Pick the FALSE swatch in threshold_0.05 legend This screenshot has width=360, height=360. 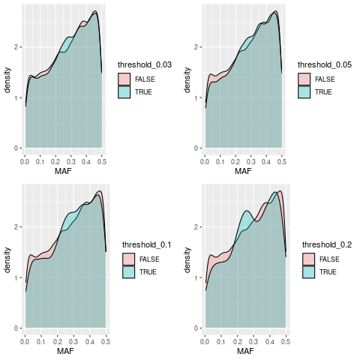[x=304, y=79]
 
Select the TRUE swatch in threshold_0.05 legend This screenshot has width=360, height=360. [x=304, y=91]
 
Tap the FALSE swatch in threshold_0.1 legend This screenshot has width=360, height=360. [x=128, y=259]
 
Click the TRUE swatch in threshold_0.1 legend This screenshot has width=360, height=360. [x=128, y=271]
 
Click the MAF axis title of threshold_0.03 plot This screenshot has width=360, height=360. [x=63, y=172]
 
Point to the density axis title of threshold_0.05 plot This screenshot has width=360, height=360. [x=187, y=79]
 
